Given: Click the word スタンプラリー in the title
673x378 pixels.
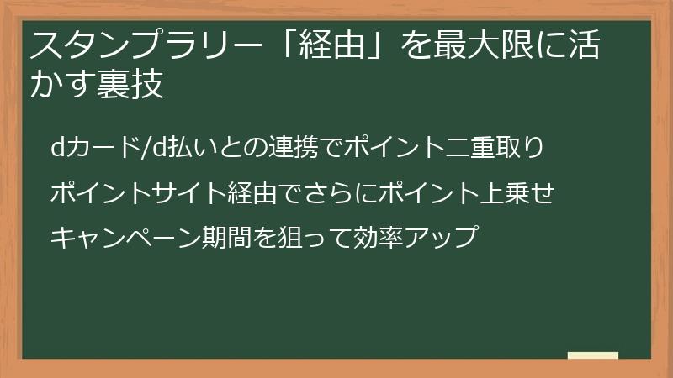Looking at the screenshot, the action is [x=146, y=45].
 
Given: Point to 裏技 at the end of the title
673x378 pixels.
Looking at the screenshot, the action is [x=130, y=84].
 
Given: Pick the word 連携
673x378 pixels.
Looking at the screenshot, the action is [x=293, y=147].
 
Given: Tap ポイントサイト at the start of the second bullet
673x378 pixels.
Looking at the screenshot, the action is [x=138, y=192].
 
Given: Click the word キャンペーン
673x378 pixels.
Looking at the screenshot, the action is [x=125, y=238].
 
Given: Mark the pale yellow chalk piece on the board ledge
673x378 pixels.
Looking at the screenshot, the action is [x=593, y=355].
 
